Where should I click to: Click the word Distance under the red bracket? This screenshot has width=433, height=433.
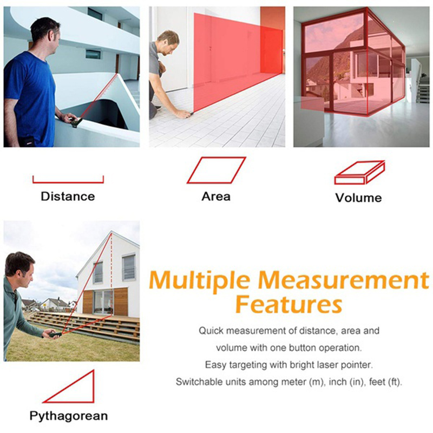click(x=68, y=196)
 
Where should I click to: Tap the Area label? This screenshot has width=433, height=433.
click(x=216, y=196)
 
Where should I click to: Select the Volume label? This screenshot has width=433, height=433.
click(x=358, y=198)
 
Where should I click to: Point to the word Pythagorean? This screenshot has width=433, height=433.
click(x=69, y=416)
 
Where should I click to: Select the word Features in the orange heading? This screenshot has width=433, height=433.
click(x=289, y=305)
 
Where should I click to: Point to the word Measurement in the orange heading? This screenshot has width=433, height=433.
click(x=343, y=280)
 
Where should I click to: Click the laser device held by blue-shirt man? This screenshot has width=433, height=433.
click(x=77, y=122)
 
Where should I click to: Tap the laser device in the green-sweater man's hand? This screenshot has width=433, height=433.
click(x=55, y=334)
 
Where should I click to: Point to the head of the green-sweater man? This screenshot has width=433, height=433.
click(x=20, y=270)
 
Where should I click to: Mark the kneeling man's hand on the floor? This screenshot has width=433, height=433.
click(x=183, y=114)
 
